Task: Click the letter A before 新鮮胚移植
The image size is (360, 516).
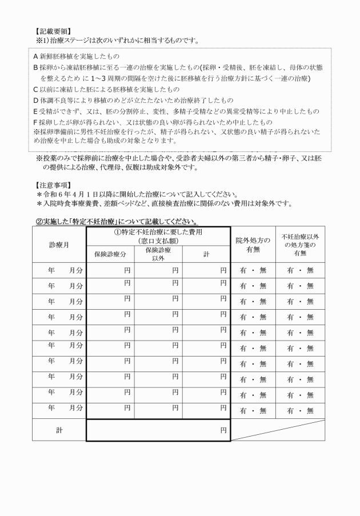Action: tap(35, 57)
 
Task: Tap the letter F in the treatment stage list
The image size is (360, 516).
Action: tap(35, 122)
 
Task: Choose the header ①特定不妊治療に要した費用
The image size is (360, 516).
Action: tap(158, 236)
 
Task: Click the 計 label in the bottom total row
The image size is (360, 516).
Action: tap(59, 431)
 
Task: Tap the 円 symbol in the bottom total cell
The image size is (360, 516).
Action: tap(223, 431)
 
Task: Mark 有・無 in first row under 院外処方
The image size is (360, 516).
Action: tap(253, 270)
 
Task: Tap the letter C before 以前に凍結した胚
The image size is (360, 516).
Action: tap(35, 89)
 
